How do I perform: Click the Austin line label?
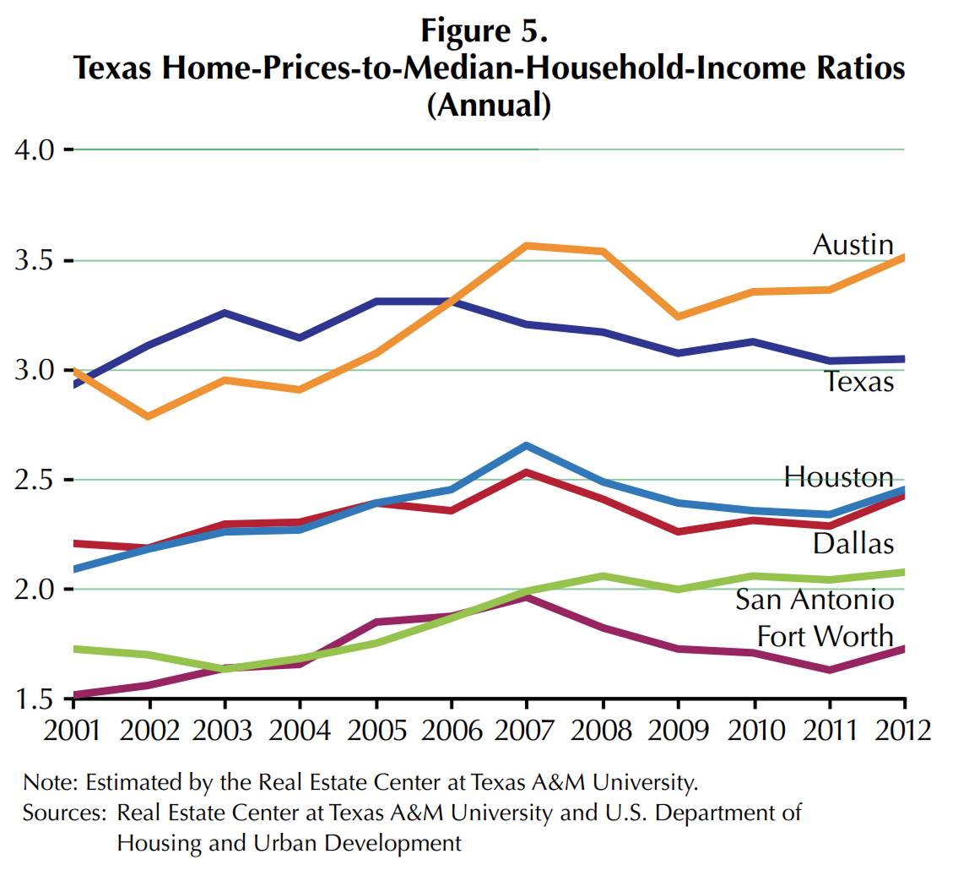(852, 245)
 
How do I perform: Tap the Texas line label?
(858, 383)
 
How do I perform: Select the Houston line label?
(838, 477)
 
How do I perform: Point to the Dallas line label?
(852, 543)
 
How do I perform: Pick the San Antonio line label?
(815, 600)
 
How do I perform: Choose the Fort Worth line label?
(825, 636)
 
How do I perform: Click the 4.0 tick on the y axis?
(34, 150)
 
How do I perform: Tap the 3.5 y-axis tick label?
(34, 260)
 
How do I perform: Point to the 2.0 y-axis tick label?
(34, 590)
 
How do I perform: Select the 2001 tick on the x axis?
(73, 729)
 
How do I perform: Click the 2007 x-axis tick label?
(527, 729)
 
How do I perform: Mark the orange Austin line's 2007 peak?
(527, 246)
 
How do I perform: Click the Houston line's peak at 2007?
(527, 445)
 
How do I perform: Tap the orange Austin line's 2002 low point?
(149, 416)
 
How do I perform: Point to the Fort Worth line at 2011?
(830, 670)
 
